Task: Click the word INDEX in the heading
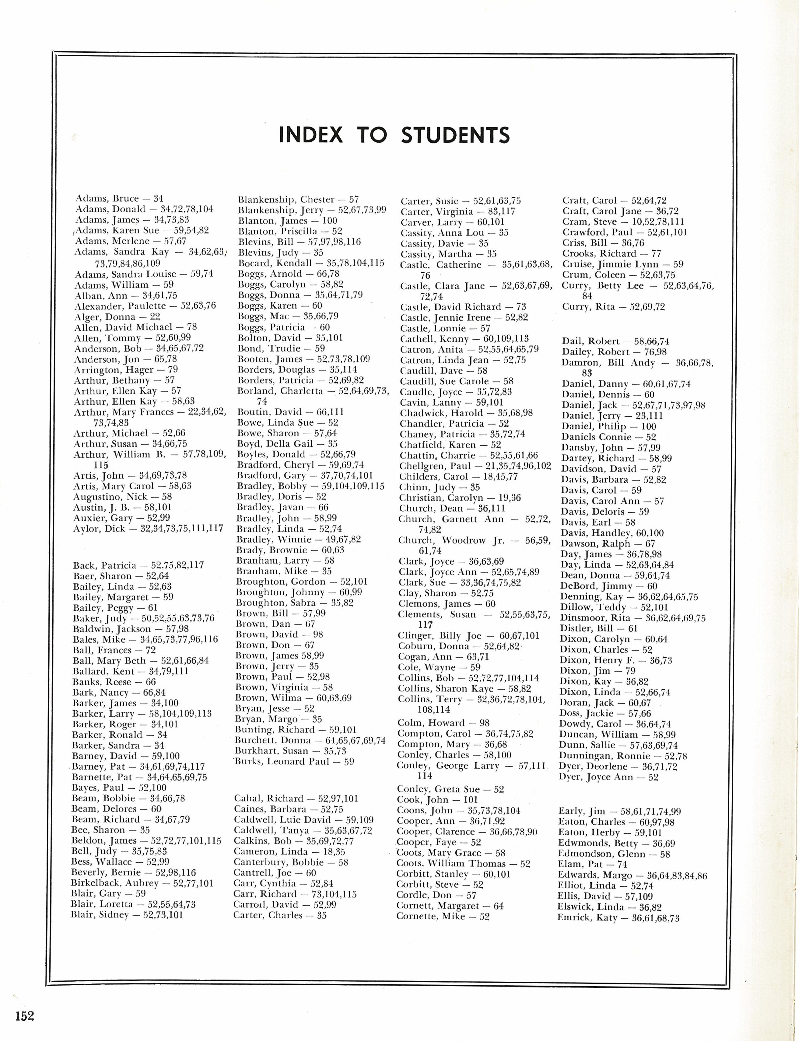click(310, 135)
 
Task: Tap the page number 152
click(24, 1016)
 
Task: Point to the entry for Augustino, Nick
click(122, 497)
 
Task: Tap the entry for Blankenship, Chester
click(298, 199)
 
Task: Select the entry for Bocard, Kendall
click(310, 263)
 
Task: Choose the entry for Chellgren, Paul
click(475, 466)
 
